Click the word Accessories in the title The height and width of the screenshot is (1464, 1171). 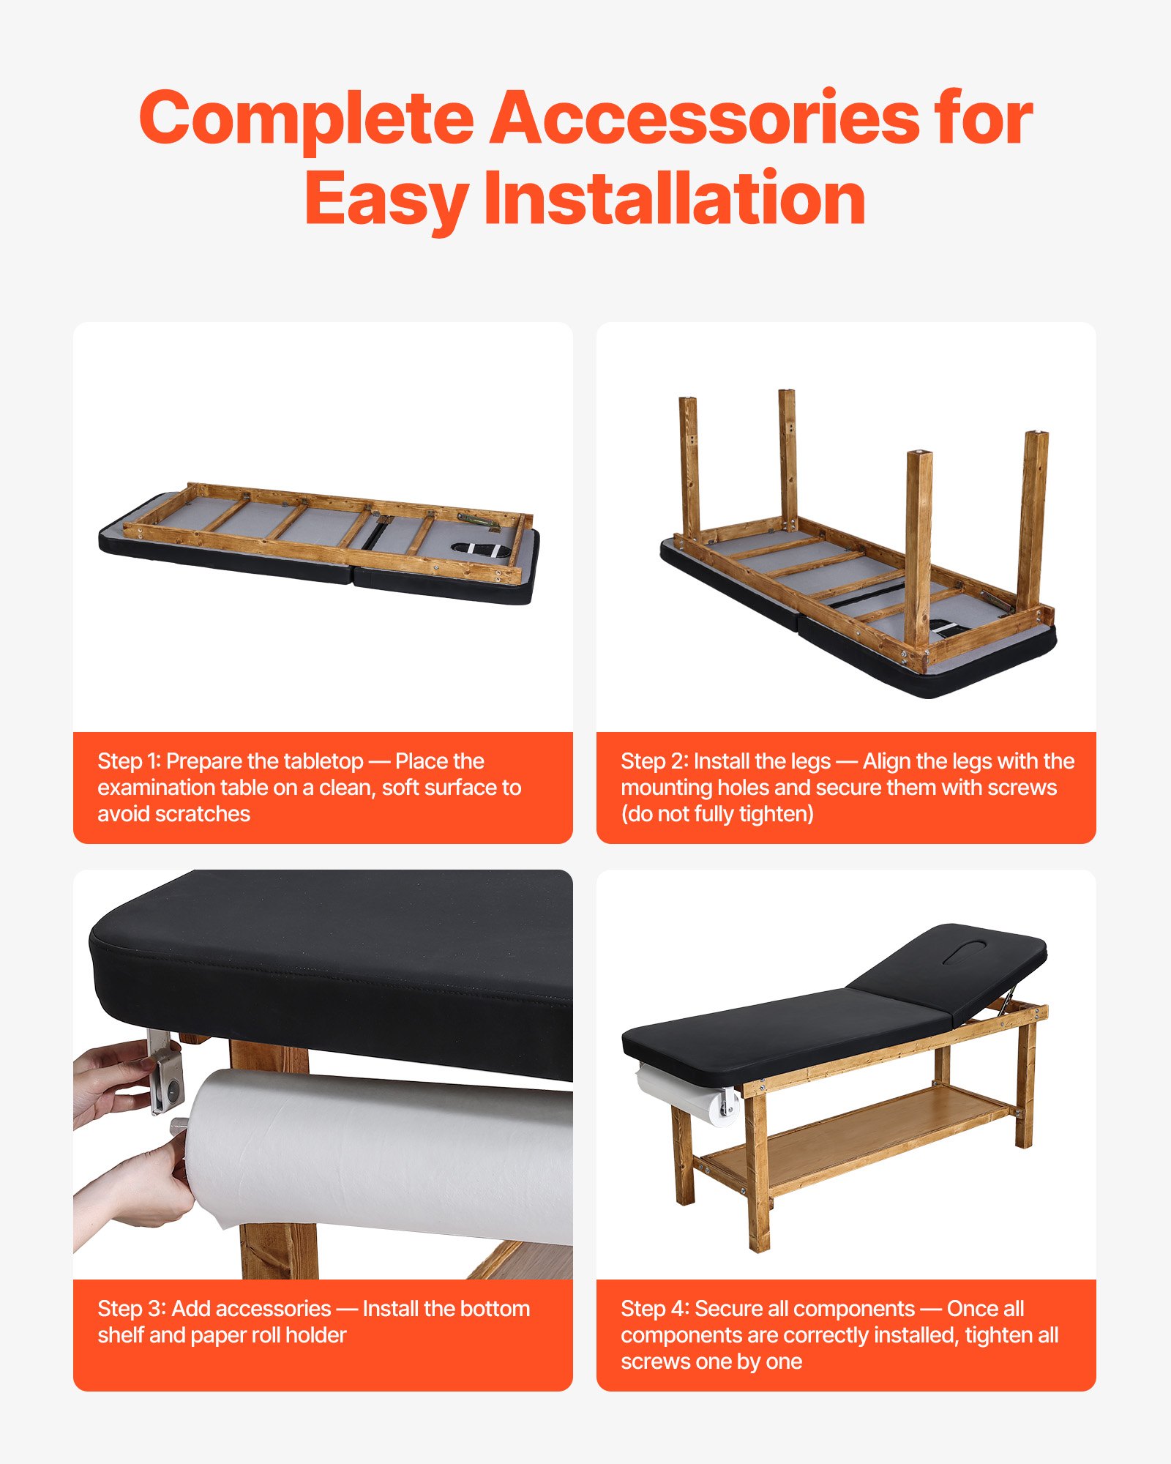(x=704, y=119)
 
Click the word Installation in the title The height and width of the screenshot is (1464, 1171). (x=674, y=198)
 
